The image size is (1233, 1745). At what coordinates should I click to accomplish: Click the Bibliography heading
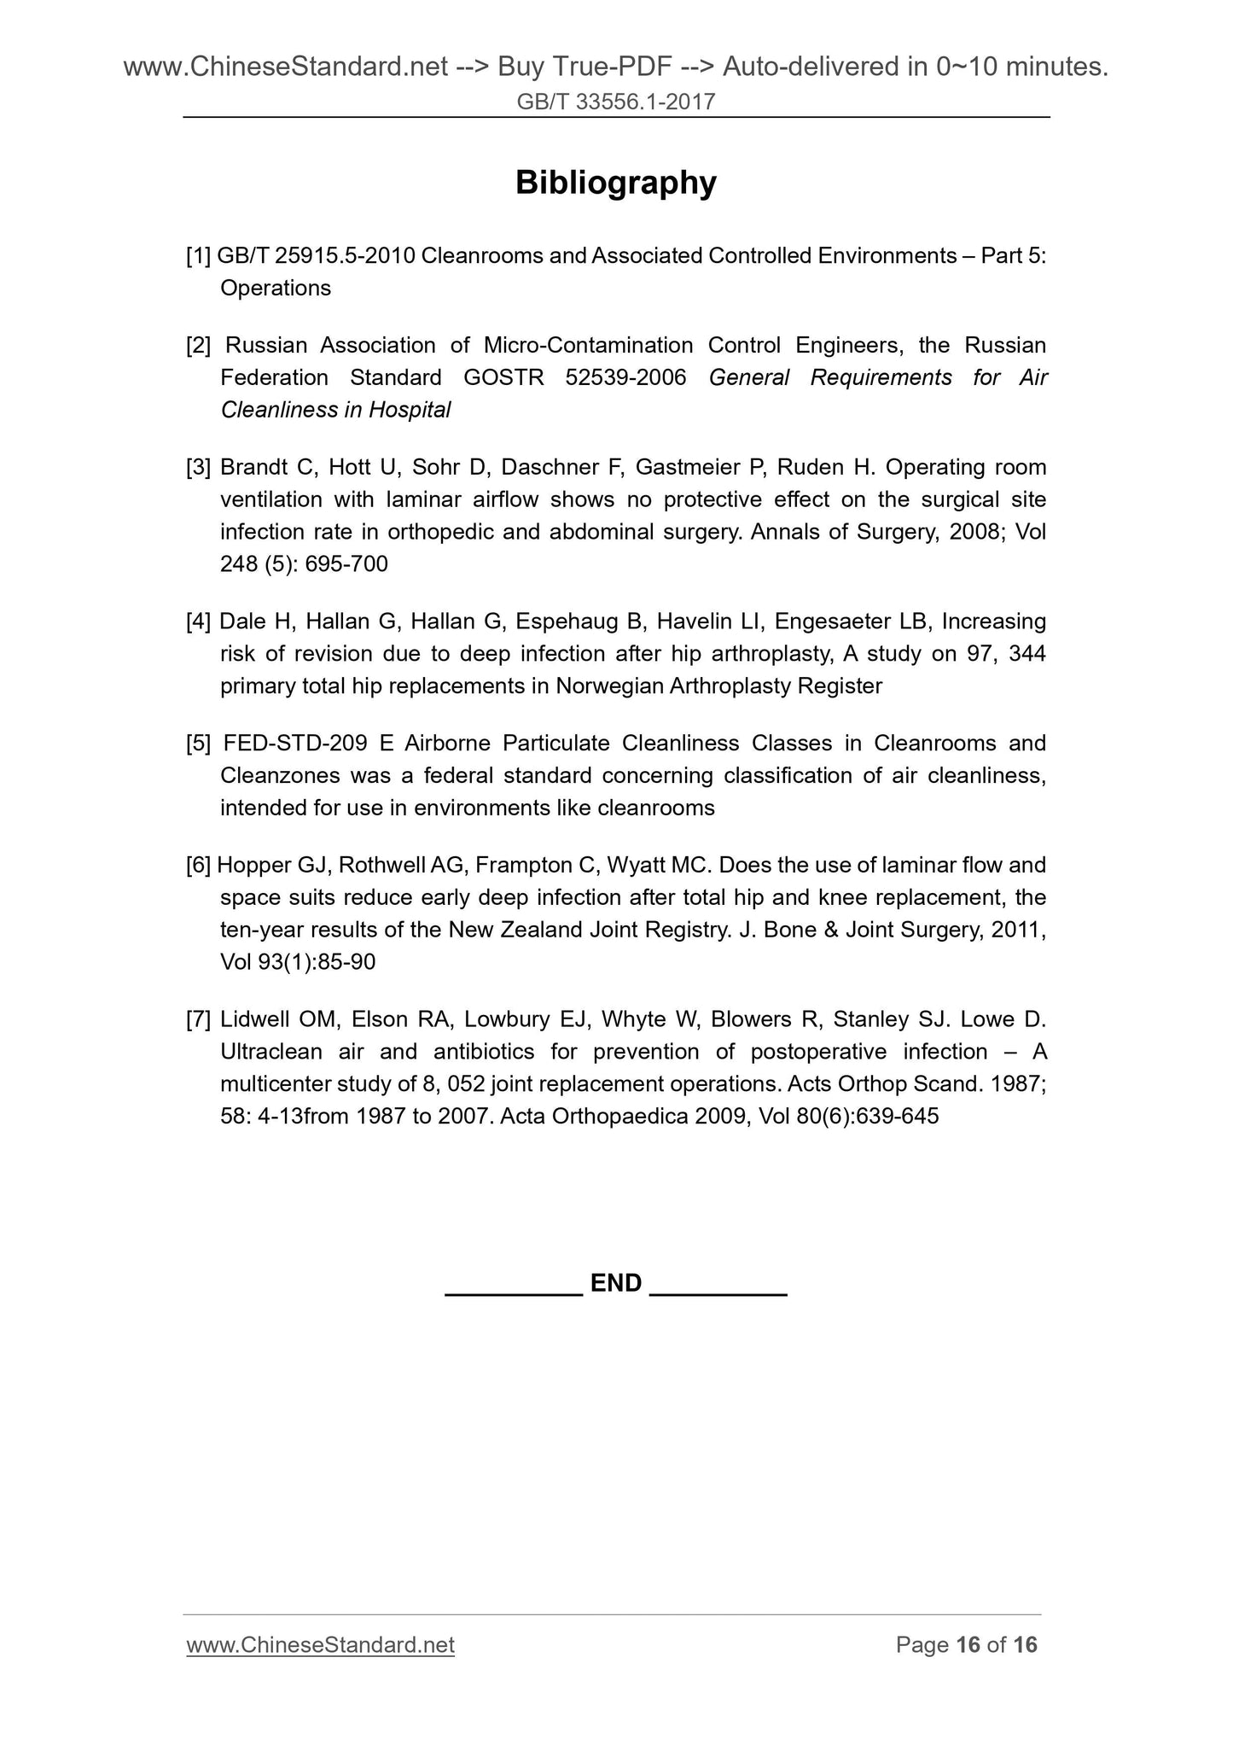615,183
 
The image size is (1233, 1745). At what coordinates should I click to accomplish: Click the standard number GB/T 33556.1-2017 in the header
615,102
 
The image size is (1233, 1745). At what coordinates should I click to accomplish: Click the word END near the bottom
615,1283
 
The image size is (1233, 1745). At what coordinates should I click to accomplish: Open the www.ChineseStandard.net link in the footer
320,1645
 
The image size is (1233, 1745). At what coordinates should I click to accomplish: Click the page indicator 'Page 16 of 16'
966,1645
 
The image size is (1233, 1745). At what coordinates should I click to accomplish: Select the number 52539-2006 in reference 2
625,377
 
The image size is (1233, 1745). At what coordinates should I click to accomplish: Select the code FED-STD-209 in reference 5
295,744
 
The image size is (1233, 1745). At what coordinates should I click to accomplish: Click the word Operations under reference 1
276,289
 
